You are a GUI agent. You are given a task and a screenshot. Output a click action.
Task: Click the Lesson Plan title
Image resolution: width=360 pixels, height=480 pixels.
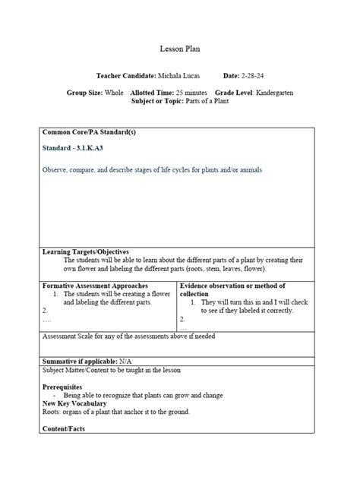point(180,49)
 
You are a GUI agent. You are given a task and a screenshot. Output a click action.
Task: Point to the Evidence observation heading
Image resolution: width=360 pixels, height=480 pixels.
point(232,286)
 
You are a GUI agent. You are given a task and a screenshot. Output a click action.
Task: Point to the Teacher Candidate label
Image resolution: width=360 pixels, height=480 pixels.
point(126,77)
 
